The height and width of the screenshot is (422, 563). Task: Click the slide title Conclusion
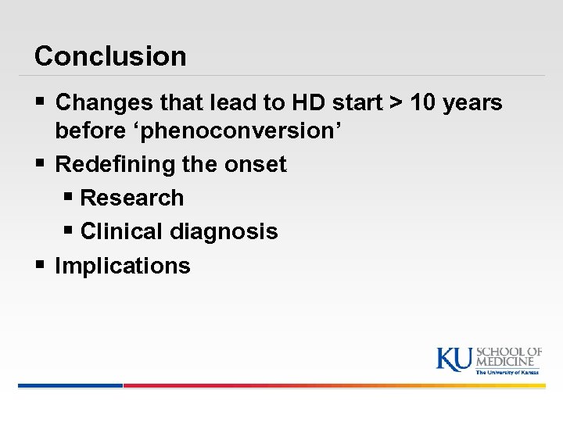tap(110, 56)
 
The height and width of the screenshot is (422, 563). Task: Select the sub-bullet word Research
tap(131, 198)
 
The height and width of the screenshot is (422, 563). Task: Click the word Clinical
tap(120, 231)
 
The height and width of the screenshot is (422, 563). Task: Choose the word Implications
tap(123, 266)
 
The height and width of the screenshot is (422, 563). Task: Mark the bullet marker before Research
tap(69, 198)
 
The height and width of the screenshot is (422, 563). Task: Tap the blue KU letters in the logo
tap(454, 358)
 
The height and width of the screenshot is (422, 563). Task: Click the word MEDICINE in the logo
tap(507, 362)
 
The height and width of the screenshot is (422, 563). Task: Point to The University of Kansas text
tap(507, 372)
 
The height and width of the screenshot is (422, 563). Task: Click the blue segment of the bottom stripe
tap(70, 385)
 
